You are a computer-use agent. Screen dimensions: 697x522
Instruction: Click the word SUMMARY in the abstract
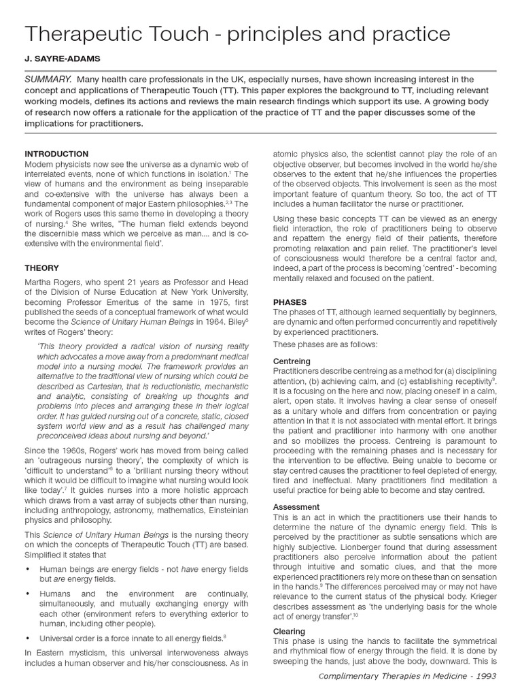[x=48, y=80]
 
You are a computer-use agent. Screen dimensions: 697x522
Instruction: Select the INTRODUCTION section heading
[x=56, y=154]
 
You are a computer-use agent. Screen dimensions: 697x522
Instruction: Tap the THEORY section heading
[x=41, y=268]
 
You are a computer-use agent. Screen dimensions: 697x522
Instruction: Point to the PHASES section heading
[x=290, y=302]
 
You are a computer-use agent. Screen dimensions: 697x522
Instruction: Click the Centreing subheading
[x=292, y=361]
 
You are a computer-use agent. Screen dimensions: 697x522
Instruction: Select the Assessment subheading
[x=296, y=507]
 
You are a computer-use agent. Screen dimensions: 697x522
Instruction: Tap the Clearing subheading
[x=289, y=631]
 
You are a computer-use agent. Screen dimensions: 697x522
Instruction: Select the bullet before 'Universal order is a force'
[x=27, y=638]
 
